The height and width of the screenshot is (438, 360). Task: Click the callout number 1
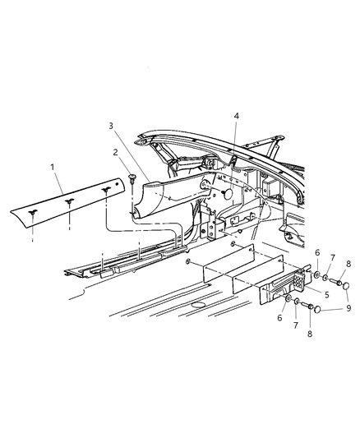coord(54,168)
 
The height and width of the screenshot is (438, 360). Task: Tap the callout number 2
coord(116,153)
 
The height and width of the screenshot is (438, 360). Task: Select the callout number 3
coord(110,126)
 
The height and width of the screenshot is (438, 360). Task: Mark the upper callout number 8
coord(348,264)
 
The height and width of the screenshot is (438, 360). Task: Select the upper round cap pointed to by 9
coord(346,287)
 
